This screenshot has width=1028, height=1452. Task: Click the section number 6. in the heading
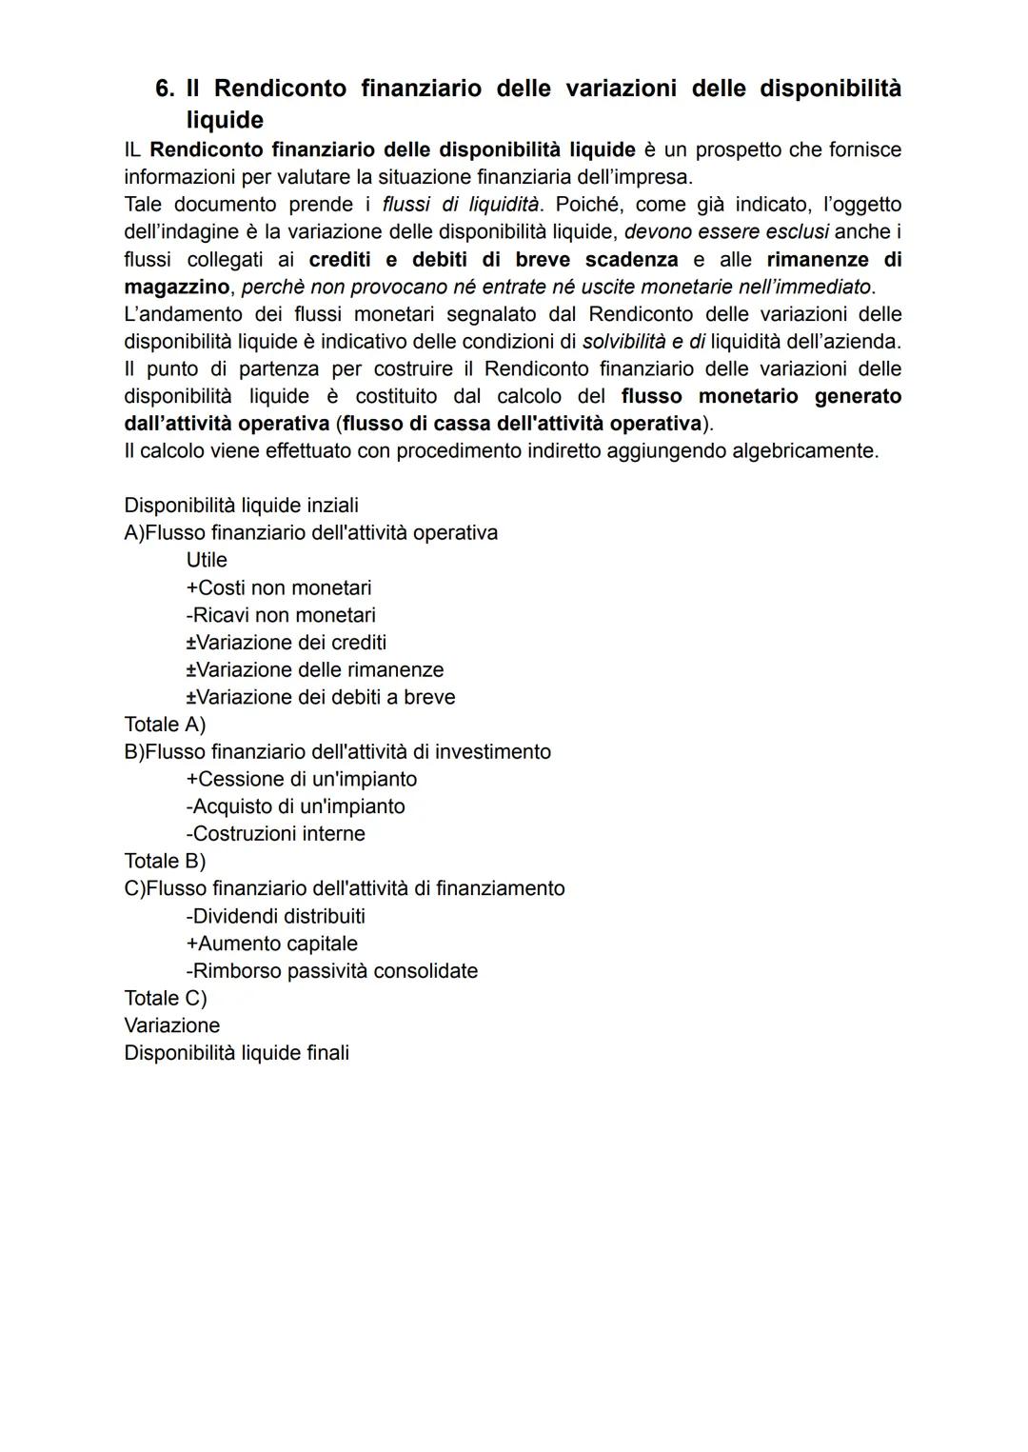point(167,89)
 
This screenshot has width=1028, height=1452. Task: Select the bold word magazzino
point(176,287)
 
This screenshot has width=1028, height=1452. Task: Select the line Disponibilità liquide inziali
point(241,506)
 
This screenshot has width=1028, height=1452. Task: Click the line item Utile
point(207,560)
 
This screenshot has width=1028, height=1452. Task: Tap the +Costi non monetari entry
point(279,587)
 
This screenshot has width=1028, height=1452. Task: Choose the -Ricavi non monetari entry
point(281,615)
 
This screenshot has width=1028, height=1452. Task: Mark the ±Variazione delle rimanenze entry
point(315,670)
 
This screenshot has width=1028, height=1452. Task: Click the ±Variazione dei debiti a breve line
point(321,697)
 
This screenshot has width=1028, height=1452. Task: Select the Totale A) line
point(165,725)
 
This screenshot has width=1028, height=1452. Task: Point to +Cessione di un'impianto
point(302,779)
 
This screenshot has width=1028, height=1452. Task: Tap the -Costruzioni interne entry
point(276,834)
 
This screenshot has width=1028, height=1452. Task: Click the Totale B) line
point(165,861)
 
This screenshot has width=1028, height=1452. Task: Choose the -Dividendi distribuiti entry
point(276,916)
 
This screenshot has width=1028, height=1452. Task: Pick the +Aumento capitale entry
point(272,944)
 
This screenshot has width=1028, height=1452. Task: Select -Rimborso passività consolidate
point(332,971)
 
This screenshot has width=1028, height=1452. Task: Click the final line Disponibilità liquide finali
point(236,1053)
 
